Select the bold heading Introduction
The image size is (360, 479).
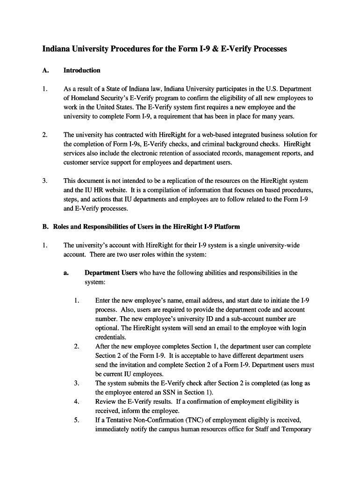point(82,71)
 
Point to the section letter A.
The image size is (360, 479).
point(45,71)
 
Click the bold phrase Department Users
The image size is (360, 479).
point(111,273)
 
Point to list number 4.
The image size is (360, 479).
point(76,402)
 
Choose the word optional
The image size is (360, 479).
point(106,328)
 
